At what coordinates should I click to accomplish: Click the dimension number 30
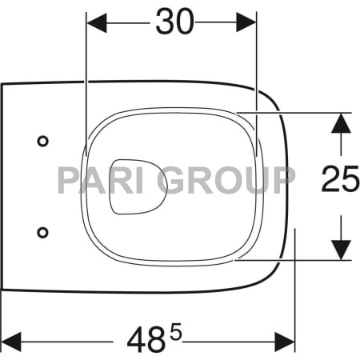click(174, 23)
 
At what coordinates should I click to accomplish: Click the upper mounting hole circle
click(42, 141)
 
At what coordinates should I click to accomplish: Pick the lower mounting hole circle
click(42, 232)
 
